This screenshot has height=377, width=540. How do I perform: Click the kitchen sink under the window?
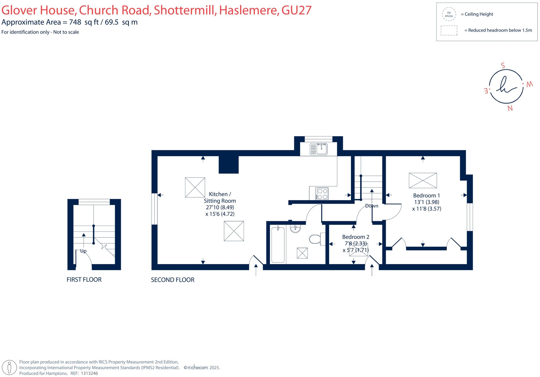point(319,149)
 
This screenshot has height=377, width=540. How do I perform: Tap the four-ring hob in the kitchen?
point(322,194)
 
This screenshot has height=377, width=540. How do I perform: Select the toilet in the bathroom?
point(315,239)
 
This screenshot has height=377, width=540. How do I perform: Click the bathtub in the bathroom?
point(278,245)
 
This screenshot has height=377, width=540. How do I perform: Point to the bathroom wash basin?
point(295,229)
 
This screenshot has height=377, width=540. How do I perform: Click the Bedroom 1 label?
point(426,196)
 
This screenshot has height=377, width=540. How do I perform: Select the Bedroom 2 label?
point(355,237)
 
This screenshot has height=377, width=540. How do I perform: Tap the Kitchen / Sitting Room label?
point(220,197)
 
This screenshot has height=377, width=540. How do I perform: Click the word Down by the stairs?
point(372,206)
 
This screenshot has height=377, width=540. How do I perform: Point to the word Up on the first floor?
point(83,251)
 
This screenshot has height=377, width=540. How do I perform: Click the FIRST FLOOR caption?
point(84,280)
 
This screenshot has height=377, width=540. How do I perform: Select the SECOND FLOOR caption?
point(172,280)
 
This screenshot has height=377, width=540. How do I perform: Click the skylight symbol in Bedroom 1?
point(423,180)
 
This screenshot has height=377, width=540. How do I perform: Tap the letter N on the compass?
point(510,108)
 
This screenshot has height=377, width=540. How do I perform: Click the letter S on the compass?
point(503,66)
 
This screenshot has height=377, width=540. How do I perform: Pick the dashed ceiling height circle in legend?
point(449,14)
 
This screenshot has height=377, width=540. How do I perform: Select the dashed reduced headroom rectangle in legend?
point(449,30)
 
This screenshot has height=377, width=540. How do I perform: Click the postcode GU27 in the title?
point(296,10)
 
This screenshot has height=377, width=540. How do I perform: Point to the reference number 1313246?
point(89,373)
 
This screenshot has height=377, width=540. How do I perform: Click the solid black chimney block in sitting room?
point(229,165)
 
